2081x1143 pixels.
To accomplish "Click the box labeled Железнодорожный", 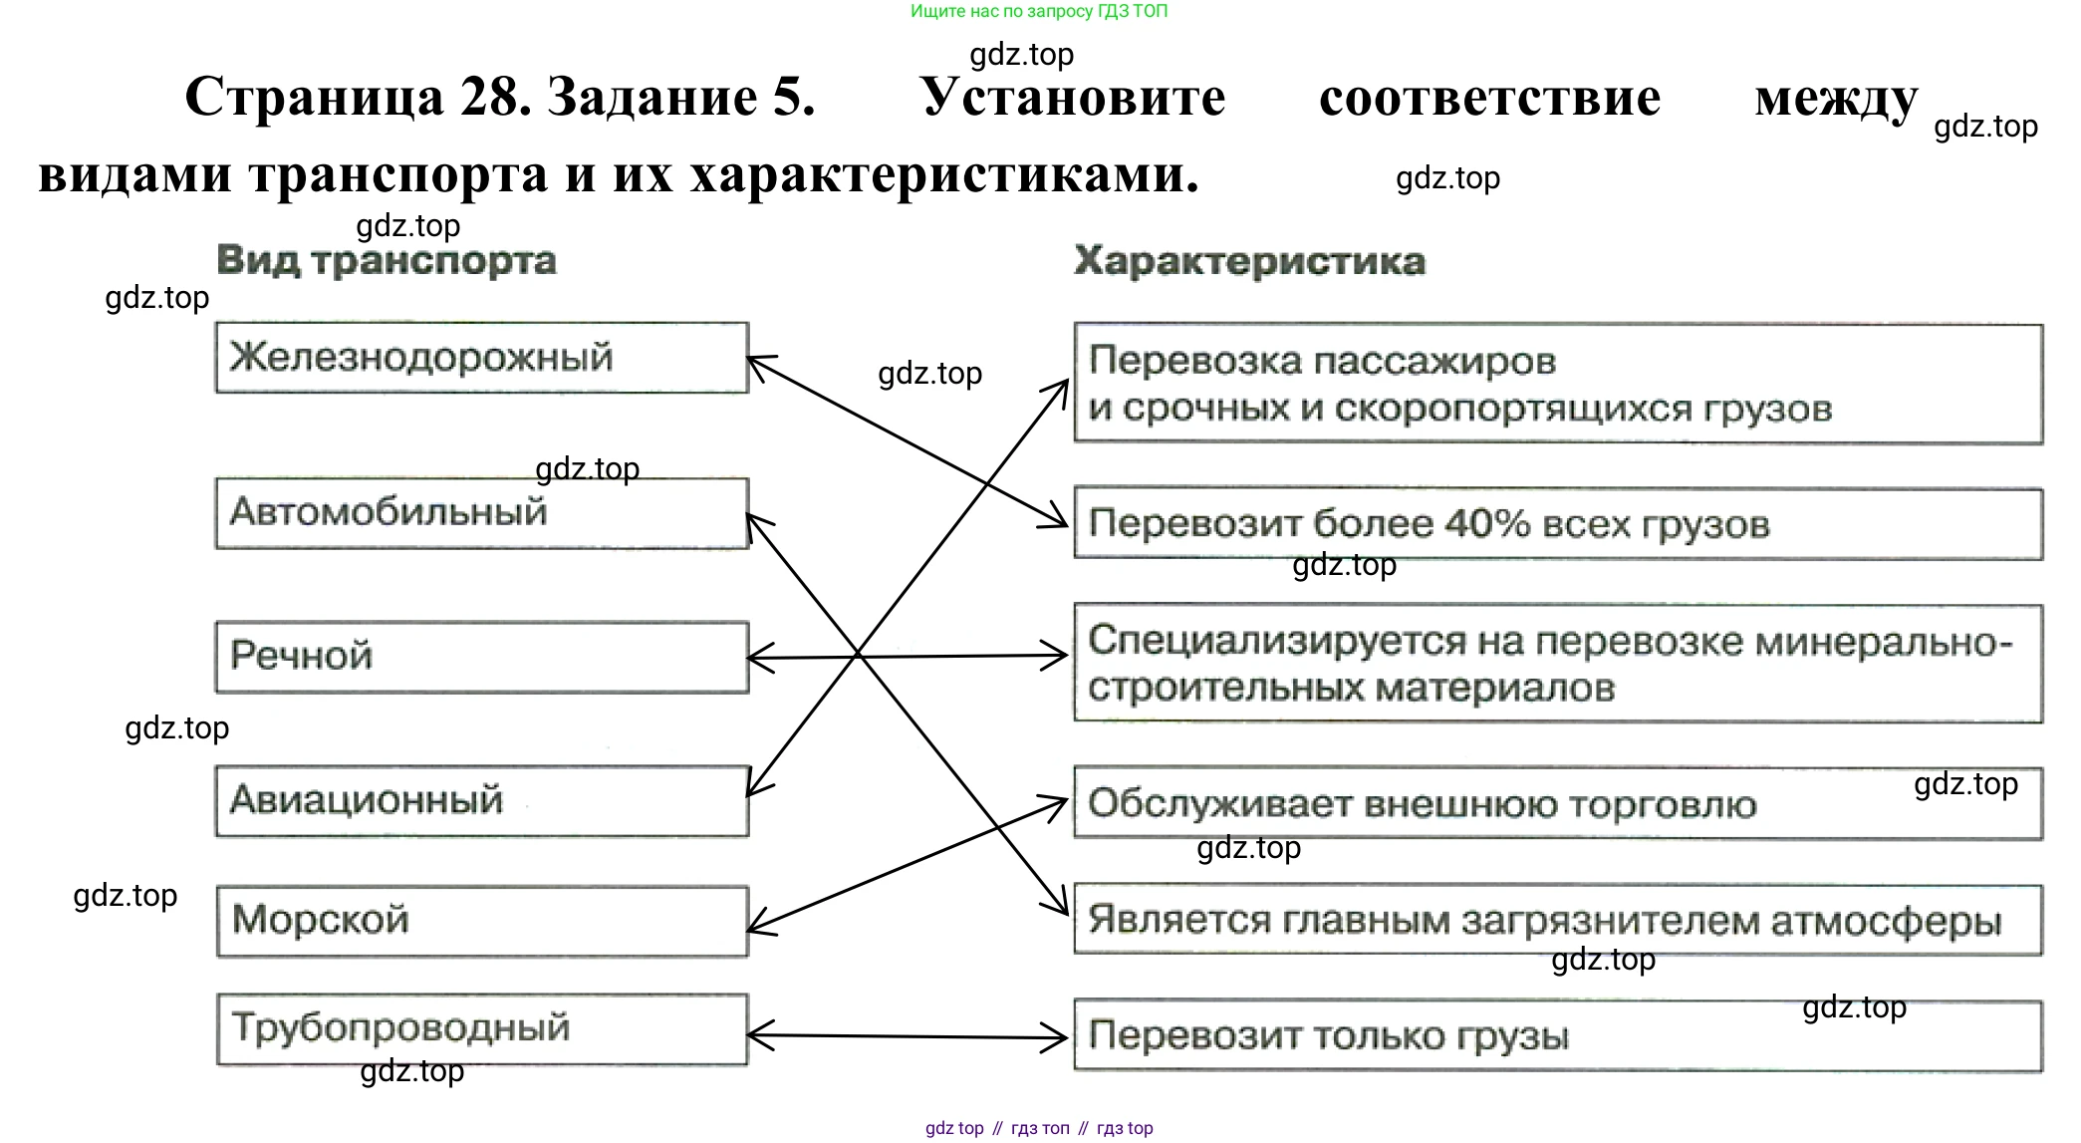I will tap(481, 357).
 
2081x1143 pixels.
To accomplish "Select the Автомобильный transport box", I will tap(481, 512).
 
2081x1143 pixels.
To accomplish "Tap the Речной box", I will tap(481, 657).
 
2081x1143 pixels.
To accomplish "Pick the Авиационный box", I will tap(481, 800).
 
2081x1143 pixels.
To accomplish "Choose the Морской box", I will tap(481, 921).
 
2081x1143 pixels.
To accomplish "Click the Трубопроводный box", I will tap(481, 1028).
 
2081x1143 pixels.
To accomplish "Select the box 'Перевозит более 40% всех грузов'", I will tap(1557, 524).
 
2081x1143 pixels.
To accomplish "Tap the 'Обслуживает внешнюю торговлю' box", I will tap(1557, 803).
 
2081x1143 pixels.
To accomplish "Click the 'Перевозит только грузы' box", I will tap(1557, 1035).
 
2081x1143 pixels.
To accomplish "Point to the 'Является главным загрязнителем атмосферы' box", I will tap(1557, 920).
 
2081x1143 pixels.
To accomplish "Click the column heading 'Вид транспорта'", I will tap(387, 261).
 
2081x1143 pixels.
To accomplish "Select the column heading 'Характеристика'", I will tap(1249, 262).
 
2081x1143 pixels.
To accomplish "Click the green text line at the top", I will tap(1038, 12).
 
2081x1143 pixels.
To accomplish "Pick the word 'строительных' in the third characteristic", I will tap(1210, 689).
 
